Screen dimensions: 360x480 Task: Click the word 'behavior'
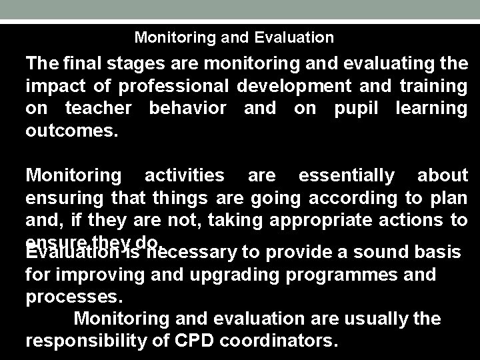(x=187, y=107)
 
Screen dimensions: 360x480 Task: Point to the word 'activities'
(x=185, y=175)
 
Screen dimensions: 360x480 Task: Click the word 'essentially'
(x=347, y=175)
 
